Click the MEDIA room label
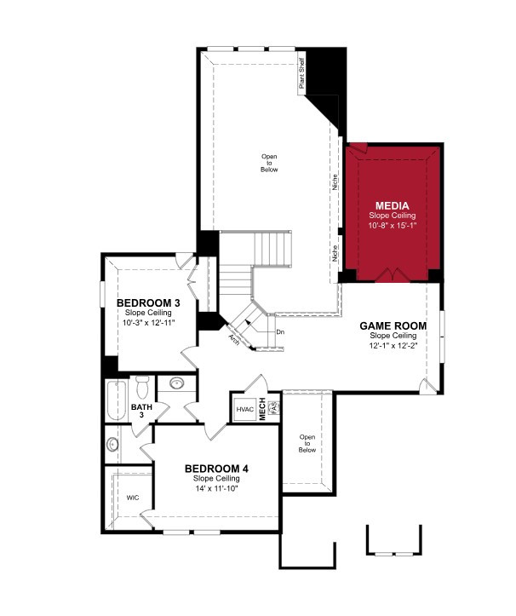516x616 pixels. click(x=392, y=205)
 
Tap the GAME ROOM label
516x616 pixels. click(x=393, y=325)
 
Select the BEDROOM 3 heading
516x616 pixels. click(x=148, y=303)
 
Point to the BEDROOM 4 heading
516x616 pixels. click(x=216, y=469)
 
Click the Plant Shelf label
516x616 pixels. click(x=301, y=73)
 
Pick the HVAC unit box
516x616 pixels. click(x=245, y=410)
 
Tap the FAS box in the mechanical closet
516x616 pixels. click(x=274, y=407)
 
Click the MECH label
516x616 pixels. click(x=262, y=409)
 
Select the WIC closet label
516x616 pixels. click(x=133, y=498)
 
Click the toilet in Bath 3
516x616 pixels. click(x=142, y=387)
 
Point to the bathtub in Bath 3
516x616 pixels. click(x=117, y=400)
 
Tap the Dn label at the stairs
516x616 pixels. click(x=280, y=332)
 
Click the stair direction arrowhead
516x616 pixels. click(x=248, y=321)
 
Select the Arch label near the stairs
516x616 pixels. click(x=234, y=340)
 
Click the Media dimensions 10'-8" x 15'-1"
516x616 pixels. click(x=392, y=226)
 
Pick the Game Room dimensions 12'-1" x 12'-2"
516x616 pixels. click(x=393, y=346)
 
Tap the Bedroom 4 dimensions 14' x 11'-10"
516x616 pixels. click(x=216, y=488)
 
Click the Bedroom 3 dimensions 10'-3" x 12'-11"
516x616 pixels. click(x=148, y=323)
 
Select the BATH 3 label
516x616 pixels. click(x=141, y=411)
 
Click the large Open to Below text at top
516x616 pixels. click(x=269, y=163)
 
